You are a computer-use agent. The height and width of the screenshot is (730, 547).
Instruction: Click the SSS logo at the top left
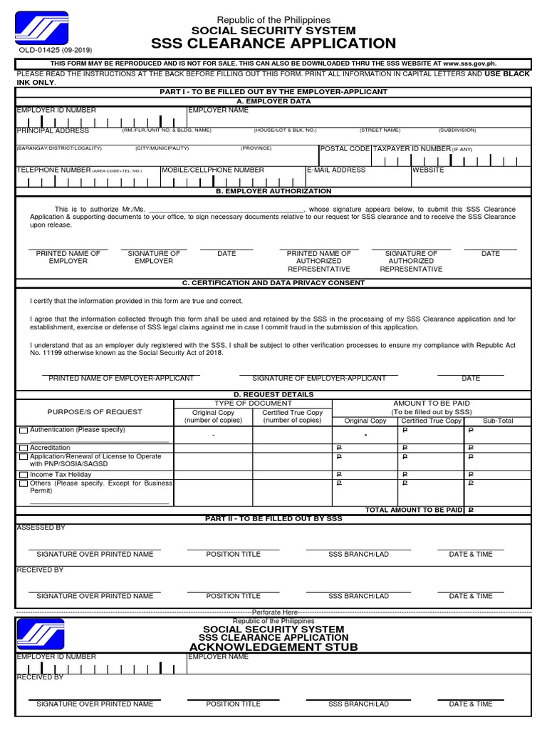(x=41, y=29)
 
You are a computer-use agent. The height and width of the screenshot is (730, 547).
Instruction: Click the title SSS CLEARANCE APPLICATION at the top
(x=273, y=43)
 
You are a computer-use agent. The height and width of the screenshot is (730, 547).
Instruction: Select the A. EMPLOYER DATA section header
(x=273, y=101)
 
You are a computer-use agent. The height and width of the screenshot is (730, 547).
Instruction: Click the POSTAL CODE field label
(x=345, y=148)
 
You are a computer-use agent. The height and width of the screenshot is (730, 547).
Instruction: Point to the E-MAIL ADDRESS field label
(x=336, y=170)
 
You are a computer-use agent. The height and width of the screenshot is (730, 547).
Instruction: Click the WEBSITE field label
(x=428, y=170)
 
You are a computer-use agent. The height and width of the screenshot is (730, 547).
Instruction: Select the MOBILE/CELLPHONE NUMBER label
(x=213, y=170)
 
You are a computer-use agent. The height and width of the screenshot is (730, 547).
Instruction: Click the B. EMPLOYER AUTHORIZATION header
(x=273, y=191)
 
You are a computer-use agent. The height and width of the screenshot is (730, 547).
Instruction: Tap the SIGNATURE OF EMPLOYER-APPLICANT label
(x=319, y=379)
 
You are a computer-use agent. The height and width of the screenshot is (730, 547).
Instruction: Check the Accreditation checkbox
(x=24, y=448)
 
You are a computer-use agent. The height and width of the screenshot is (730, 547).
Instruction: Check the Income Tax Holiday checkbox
(x=24, y=475)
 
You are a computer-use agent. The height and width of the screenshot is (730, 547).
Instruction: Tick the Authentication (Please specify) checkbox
(x=24, y=431)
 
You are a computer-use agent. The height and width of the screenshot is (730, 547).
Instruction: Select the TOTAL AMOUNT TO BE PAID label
(x=414, y=510)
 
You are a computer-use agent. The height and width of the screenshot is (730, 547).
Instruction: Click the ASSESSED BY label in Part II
(x=41, y=528)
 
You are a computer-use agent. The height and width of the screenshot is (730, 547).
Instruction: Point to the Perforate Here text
(x=274, y=612)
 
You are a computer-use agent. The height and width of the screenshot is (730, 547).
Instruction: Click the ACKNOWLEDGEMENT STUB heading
(x=273, y=647)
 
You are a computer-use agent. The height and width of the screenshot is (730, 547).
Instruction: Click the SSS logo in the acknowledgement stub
(x=41, y=634)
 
